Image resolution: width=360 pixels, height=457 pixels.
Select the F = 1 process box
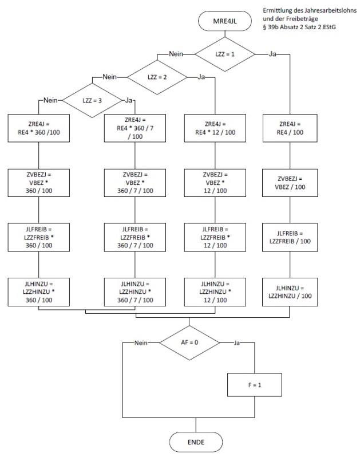pos(254,385)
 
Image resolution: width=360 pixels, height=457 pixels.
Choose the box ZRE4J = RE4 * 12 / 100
pos(215,128)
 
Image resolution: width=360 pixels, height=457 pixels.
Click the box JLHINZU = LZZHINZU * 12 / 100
pos(215,291)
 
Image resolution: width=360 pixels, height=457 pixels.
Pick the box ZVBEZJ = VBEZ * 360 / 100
pos(38,183)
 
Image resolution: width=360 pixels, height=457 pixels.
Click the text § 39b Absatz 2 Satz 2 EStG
pos(296,27)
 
